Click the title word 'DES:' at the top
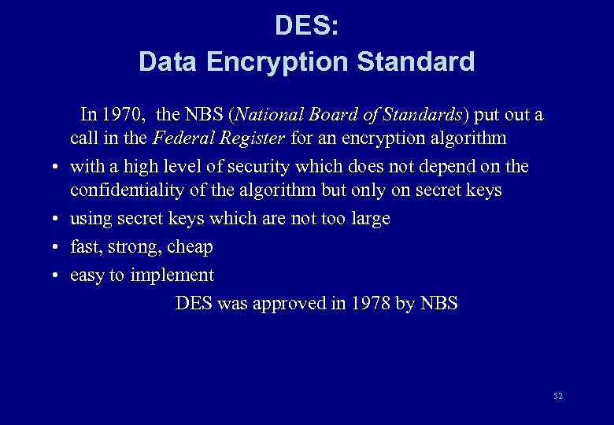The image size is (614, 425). point(307,26)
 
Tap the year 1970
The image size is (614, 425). point(122,115)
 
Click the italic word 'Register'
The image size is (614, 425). point(252,139)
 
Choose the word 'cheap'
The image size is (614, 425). point(190,247)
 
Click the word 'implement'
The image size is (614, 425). point(172,275)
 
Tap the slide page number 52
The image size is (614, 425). point(558,396)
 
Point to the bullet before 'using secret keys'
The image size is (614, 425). point(58,220)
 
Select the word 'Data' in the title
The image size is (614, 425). point(169,61)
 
